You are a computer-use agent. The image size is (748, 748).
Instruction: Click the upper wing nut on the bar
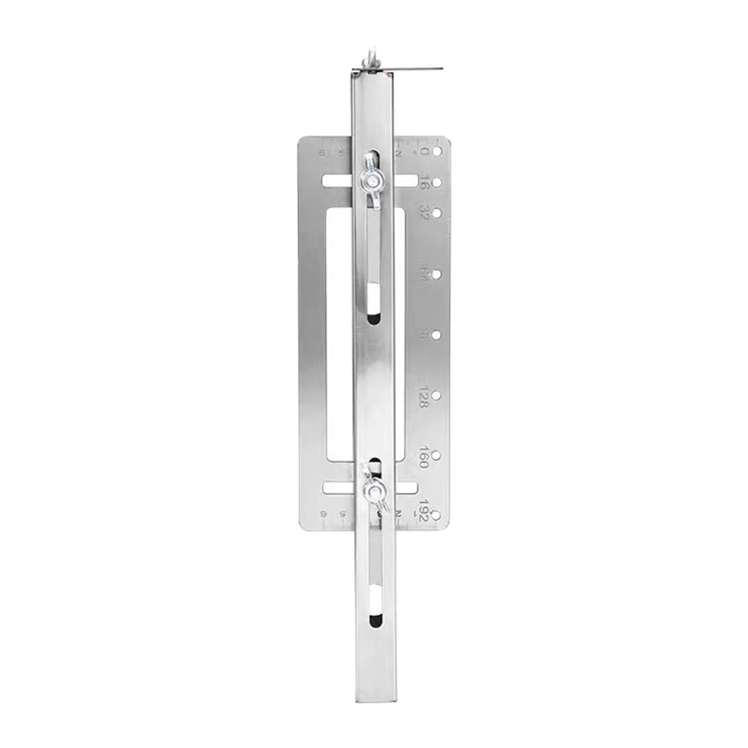372,179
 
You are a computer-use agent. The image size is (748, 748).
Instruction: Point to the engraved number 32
424,213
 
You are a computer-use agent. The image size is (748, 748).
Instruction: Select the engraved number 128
423,398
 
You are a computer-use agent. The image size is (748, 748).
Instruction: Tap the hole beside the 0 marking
437,152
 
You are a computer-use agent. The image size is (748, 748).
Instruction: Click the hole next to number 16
437,183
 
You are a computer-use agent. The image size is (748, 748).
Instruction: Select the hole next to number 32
437,213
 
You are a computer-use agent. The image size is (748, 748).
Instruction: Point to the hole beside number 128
436,396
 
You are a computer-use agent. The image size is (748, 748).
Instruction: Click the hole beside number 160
436,455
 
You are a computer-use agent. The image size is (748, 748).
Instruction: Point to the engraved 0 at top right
424,152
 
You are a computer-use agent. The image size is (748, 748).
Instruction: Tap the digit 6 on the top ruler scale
322,153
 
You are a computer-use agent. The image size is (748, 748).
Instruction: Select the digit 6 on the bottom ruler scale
323,513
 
